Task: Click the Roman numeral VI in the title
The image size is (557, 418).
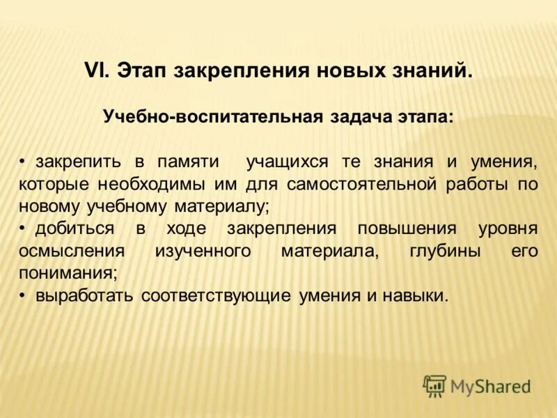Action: click(95, 70)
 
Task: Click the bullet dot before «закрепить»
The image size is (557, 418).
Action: click(22, 162)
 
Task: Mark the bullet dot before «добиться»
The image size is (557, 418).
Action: click(22, 229)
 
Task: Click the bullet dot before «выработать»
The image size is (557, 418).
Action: click(22, 295)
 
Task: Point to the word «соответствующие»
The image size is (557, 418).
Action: click(216, 295)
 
